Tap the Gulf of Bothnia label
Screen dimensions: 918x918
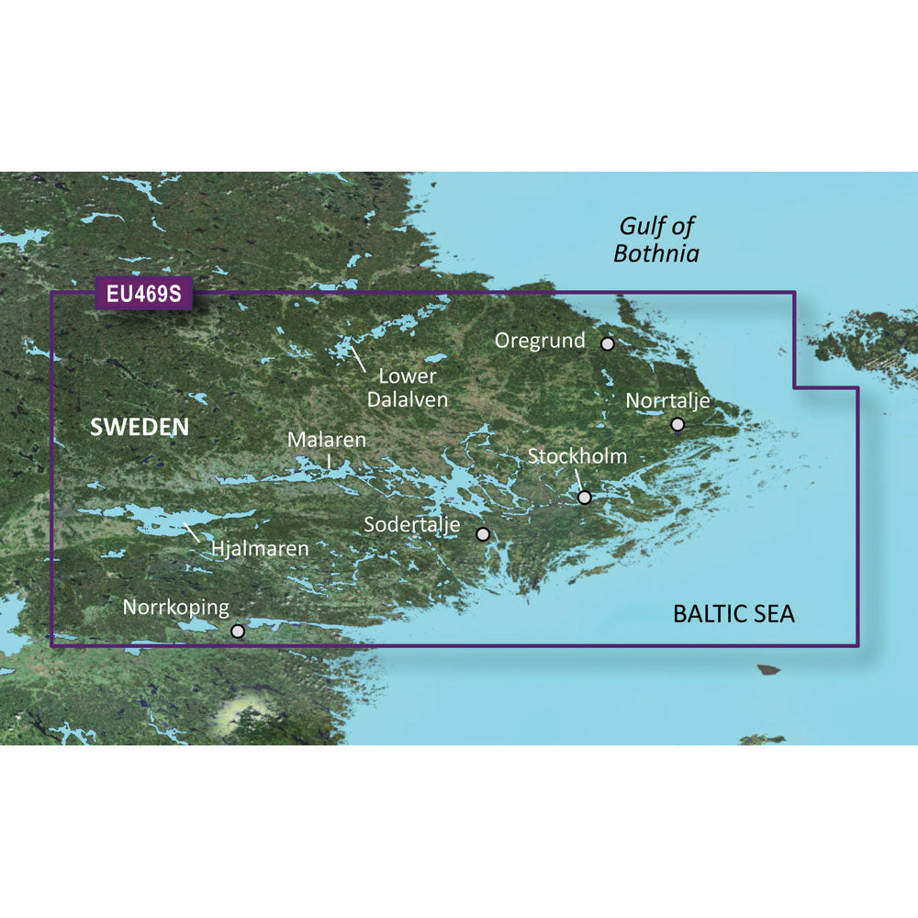[x=656, y=240]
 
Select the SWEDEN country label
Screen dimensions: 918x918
[x=140, y=427]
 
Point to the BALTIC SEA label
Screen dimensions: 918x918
[x=733, y=614]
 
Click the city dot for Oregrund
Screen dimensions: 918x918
[x=608, y=343]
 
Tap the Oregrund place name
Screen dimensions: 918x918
[x=540, y=341]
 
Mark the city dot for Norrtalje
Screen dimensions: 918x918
[x=677, y=424]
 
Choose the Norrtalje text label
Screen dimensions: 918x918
[x=667, y=401]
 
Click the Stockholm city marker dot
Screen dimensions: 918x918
[x=585, y=498]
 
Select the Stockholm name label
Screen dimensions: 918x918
[x=577, y=456]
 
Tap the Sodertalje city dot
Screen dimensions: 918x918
[x=483, y=533]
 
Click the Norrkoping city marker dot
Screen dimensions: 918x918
[x=238, y=631]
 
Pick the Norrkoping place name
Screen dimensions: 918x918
[x=175, y=608]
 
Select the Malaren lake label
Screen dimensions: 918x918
[x=327, y=441]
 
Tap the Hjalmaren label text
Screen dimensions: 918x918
[x=260, y=550]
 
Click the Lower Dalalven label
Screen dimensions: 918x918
[x=407, y=387]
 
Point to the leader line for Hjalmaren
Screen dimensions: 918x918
[x=193, y=532]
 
